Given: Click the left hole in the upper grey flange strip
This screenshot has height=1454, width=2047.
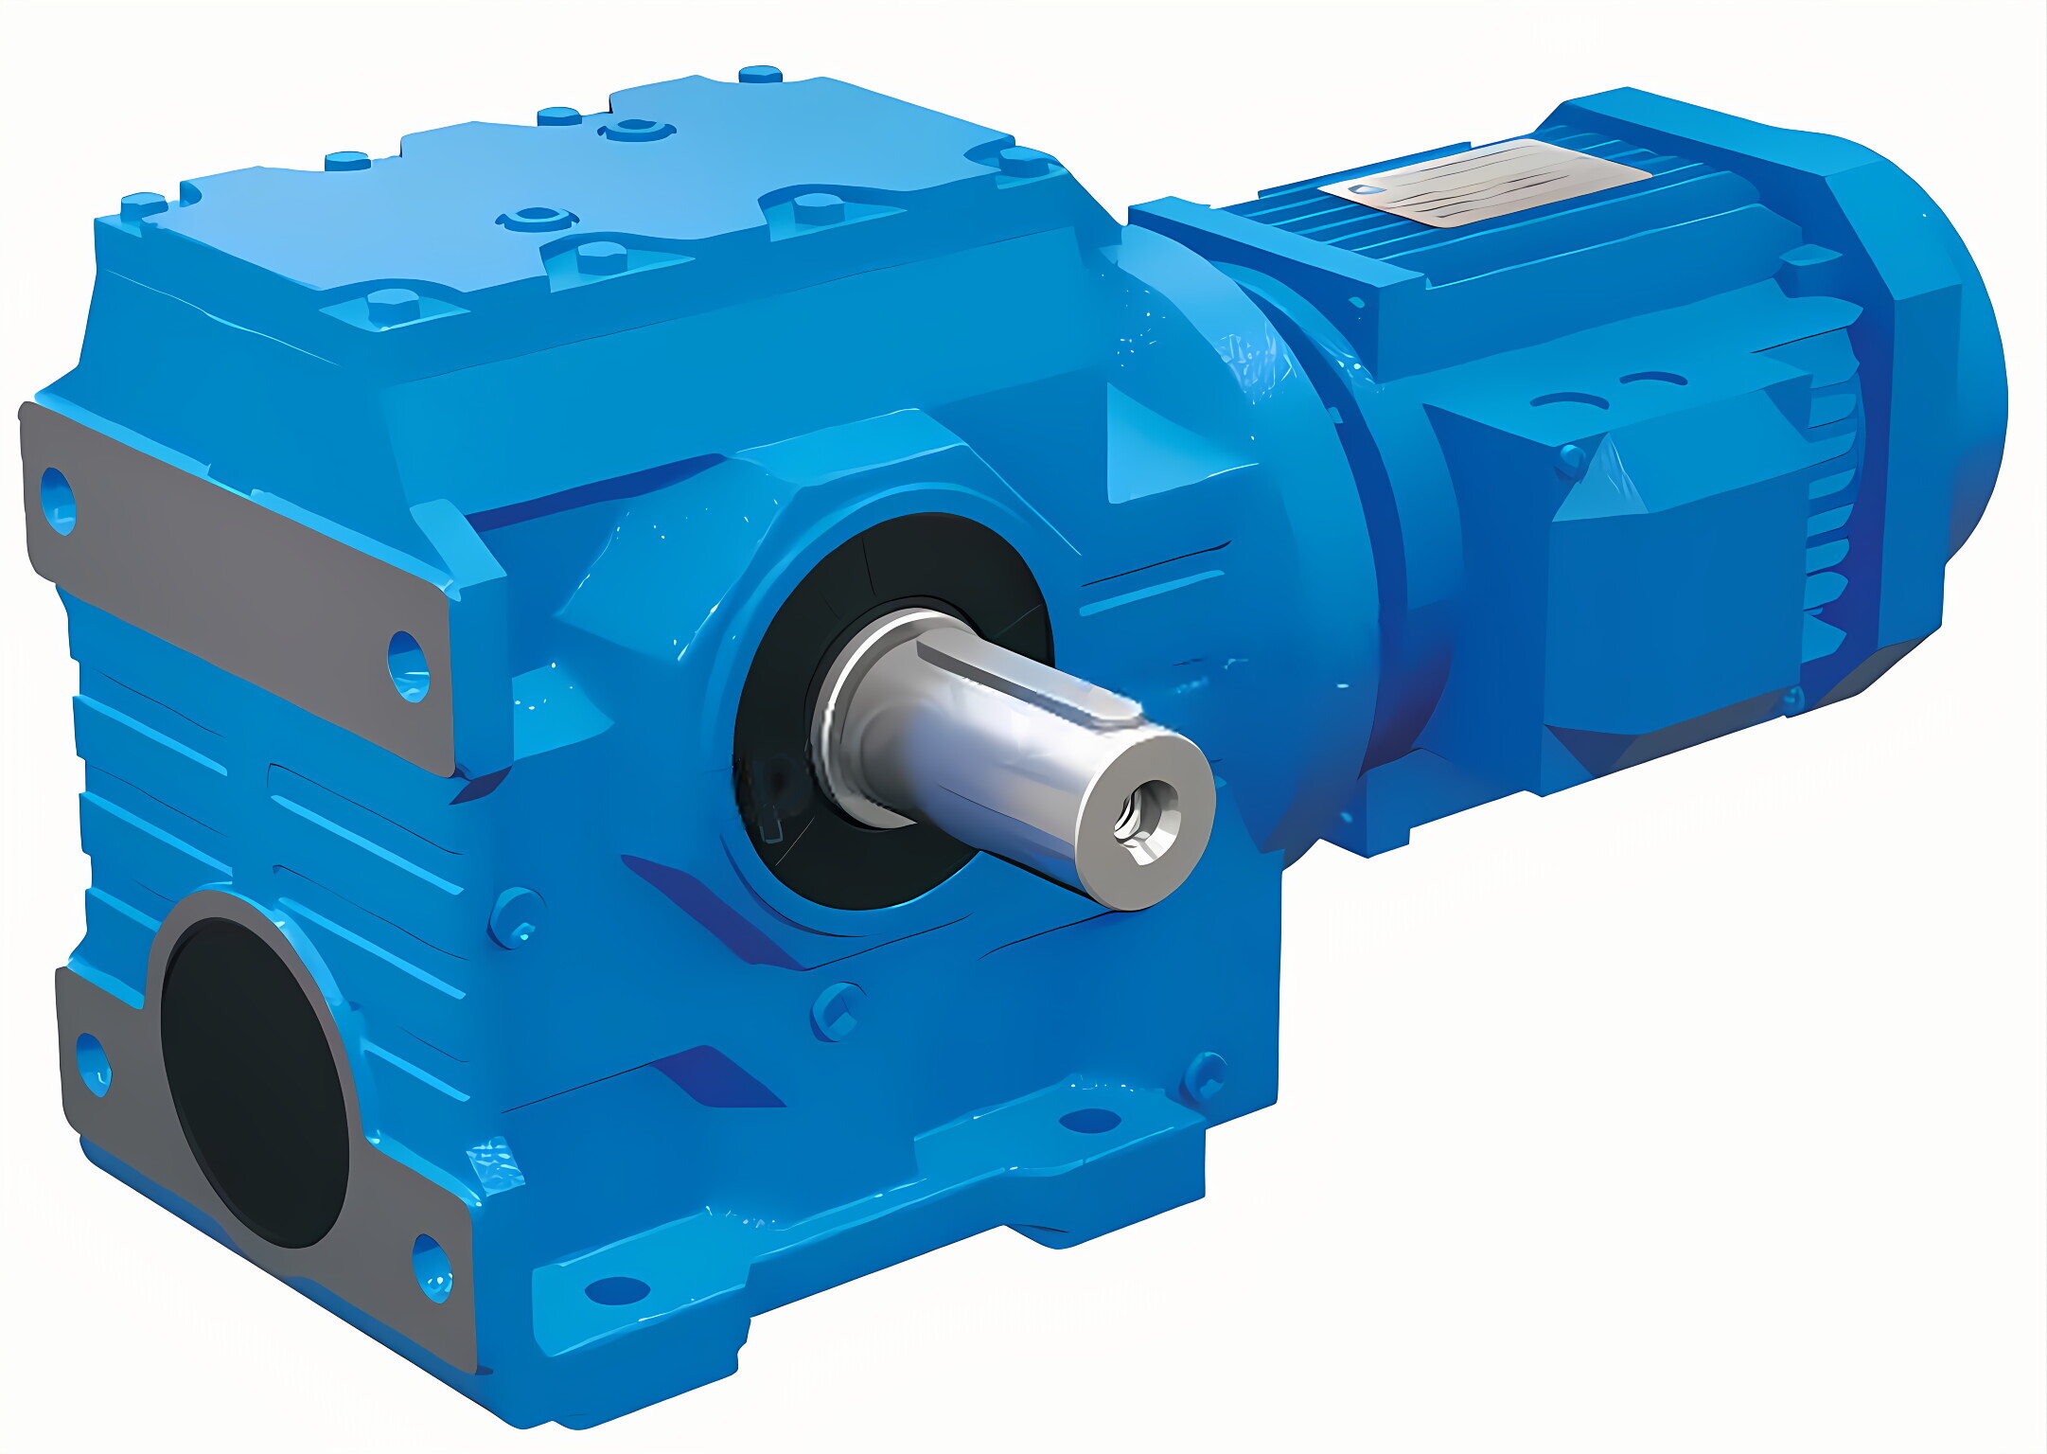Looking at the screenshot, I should [x=59, y=501].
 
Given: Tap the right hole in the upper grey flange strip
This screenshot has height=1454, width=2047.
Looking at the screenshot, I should [x=409, y=666].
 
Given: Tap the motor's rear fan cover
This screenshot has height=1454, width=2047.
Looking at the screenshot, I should [x=1921, y=398].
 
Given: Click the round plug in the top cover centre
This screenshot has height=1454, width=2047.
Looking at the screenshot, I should [x=538, y=218].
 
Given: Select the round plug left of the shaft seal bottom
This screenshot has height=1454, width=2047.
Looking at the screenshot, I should [x=516, y=916].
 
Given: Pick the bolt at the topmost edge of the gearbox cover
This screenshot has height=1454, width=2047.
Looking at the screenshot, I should [x=760, y=73].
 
